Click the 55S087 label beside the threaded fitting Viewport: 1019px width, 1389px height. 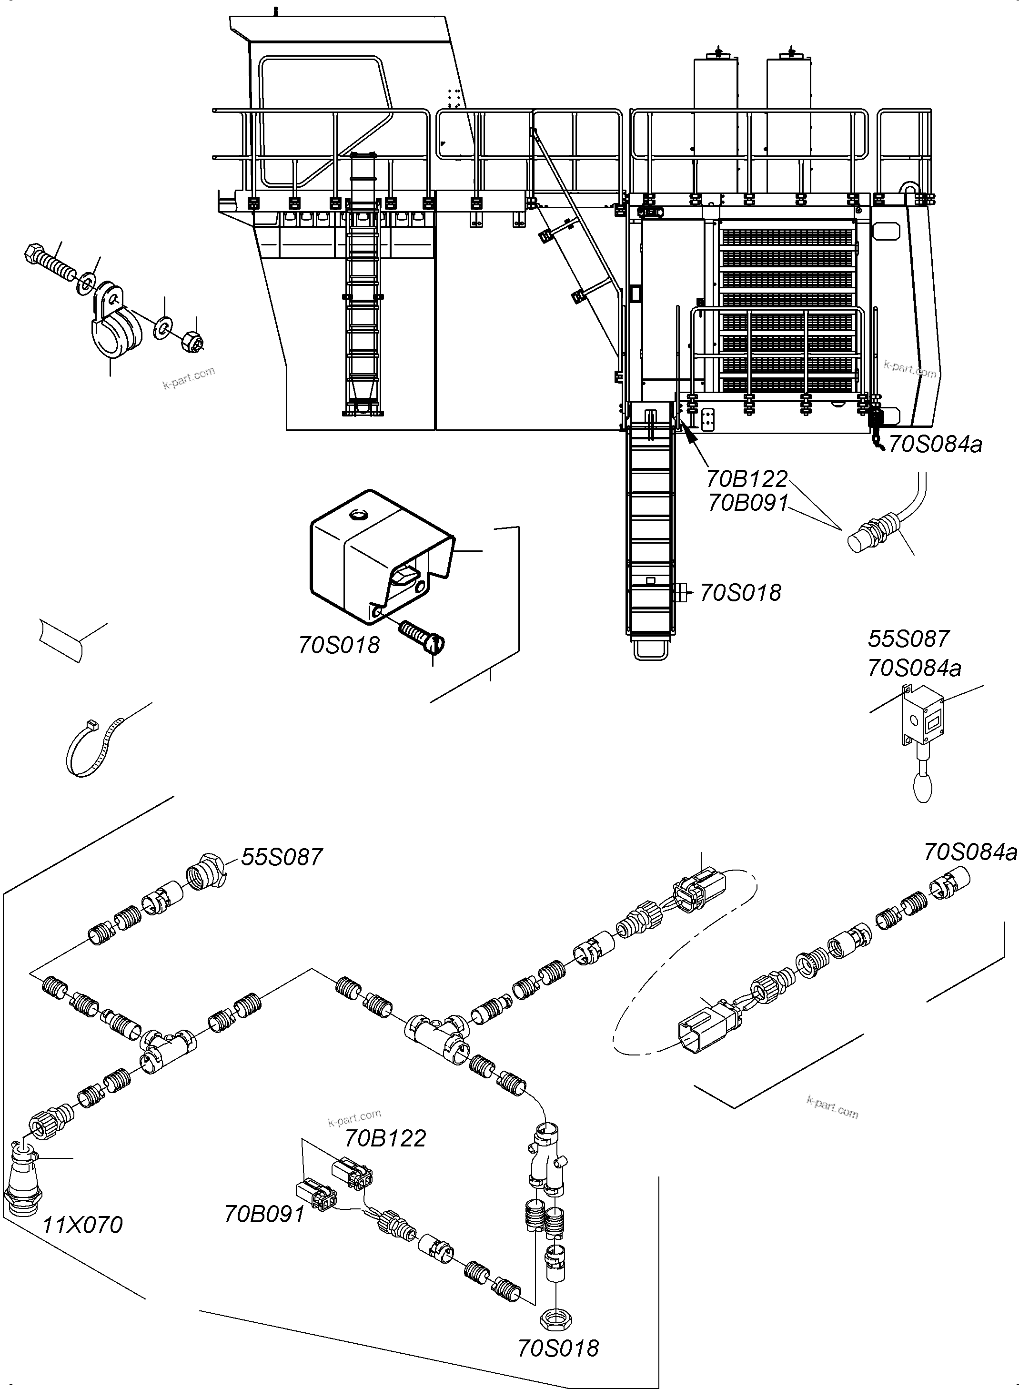tap(281, 857)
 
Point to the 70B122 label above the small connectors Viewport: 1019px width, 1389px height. tap(384, 1138)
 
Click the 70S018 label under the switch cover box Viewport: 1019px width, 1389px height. tap(339, 645)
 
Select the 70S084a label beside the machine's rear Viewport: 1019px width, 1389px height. tap(935, 444)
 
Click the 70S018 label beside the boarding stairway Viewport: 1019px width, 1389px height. tap(740, 593)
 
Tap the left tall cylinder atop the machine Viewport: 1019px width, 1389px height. tap(716, 123)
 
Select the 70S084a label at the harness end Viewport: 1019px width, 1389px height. tap(969, 852)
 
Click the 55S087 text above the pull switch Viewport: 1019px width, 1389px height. tap(908, 639)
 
